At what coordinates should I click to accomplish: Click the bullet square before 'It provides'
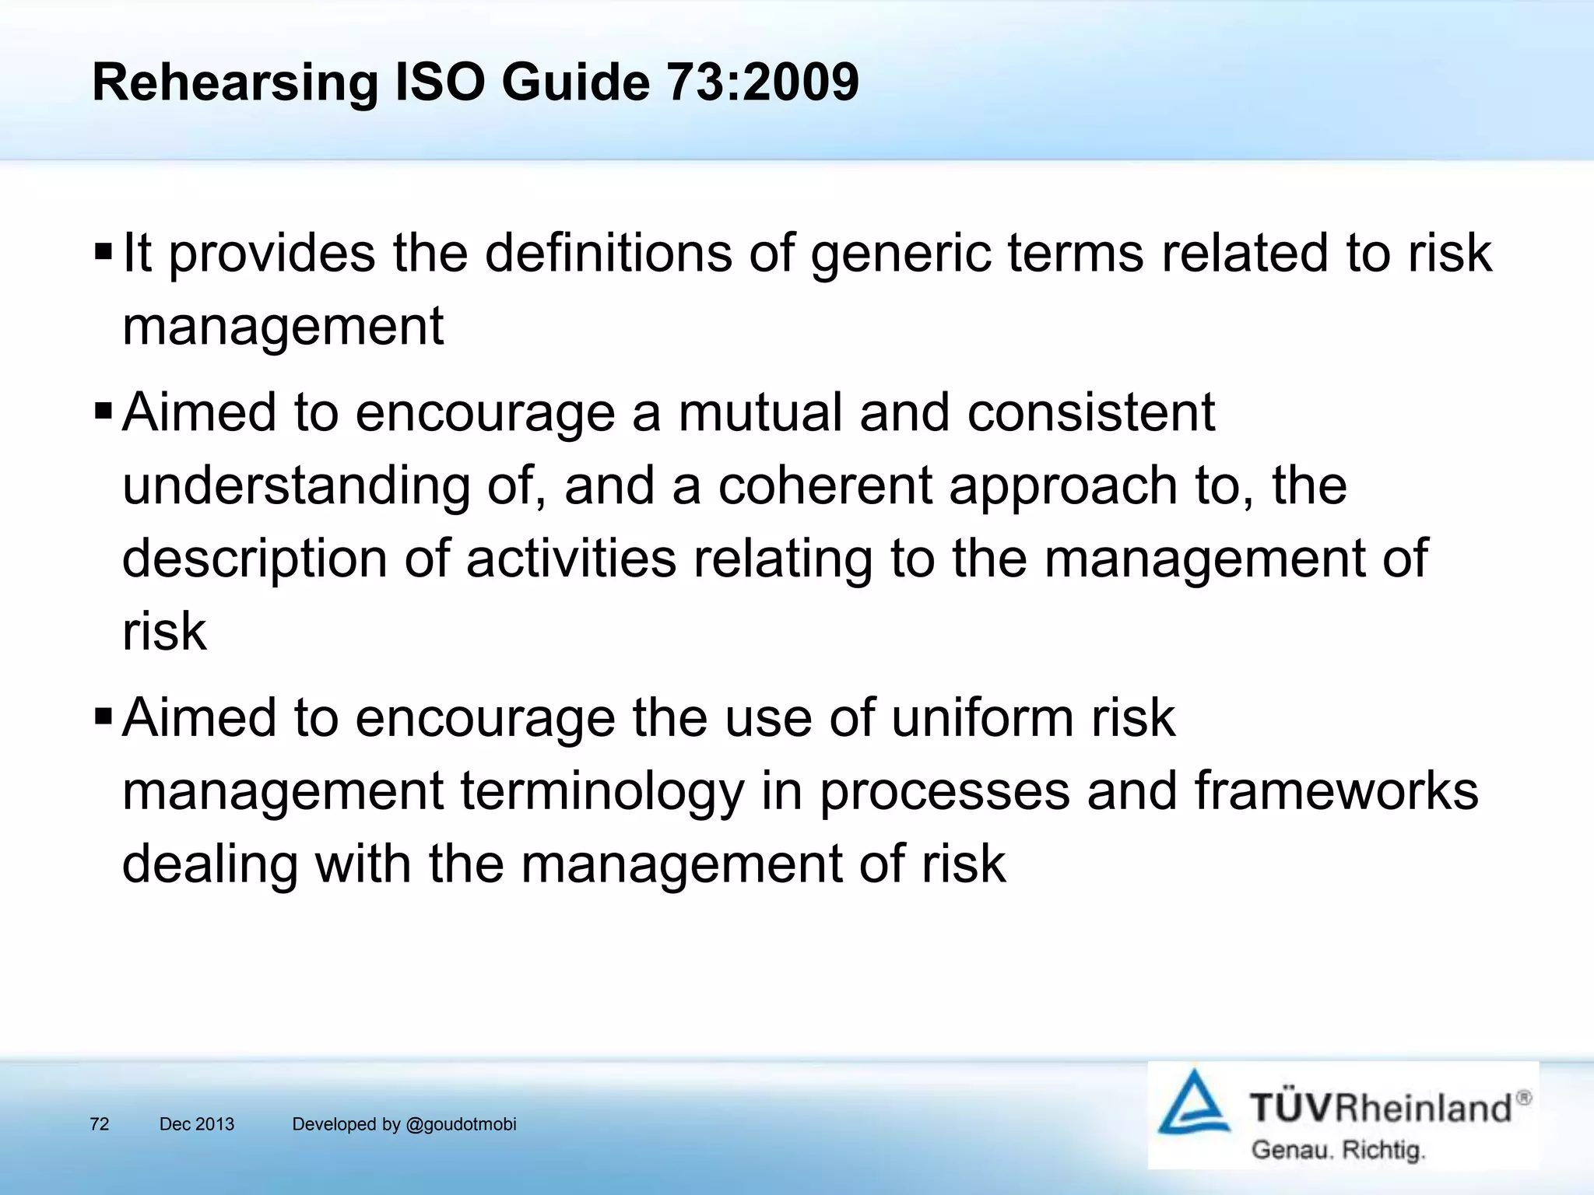pyautogui.click(x=103, y=253)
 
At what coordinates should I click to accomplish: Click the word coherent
pyautogui.click(x=824, y=485)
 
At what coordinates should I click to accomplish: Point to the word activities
pyautogui.click(x=571, y=559)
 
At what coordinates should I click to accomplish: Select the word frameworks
pyautogui.click(x=1336, y=790)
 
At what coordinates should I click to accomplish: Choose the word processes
pyautogui.click(x=944, y=792)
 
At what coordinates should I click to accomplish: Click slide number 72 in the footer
pyautogui.click(x=100, y=1124)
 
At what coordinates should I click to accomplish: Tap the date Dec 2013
pyautogui.click(x=196, y=1124)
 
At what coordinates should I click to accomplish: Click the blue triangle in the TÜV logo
pyautogui.click(x=1193, y=1105)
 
